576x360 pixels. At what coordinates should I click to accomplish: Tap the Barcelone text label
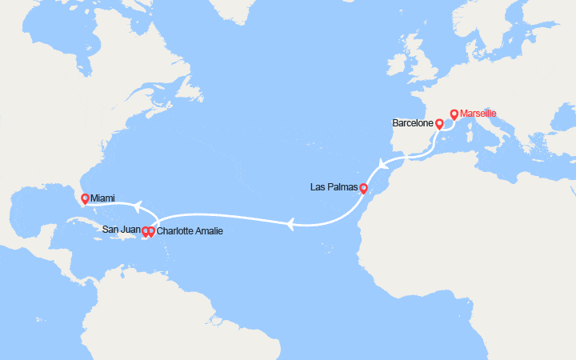(413, 124)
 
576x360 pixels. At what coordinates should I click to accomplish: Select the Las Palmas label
(333, 188)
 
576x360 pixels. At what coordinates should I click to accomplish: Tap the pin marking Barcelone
(439, 125)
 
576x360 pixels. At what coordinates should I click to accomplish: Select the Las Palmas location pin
(363, 190)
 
